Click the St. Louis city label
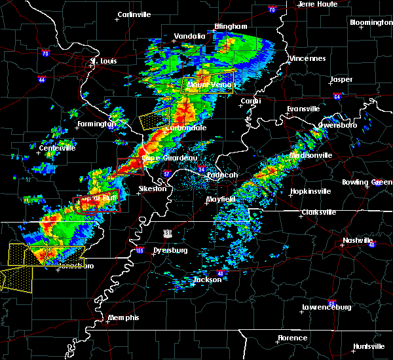103,62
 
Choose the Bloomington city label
371,22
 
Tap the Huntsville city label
369,346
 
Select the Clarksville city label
318,212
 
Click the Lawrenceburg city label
327,307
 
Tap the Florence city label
292,338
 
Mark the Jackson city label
206,279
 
